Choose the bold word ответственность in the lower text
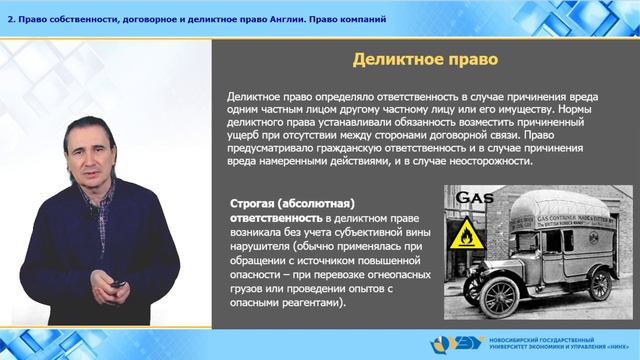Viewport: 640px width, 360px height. coord(277,217)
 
